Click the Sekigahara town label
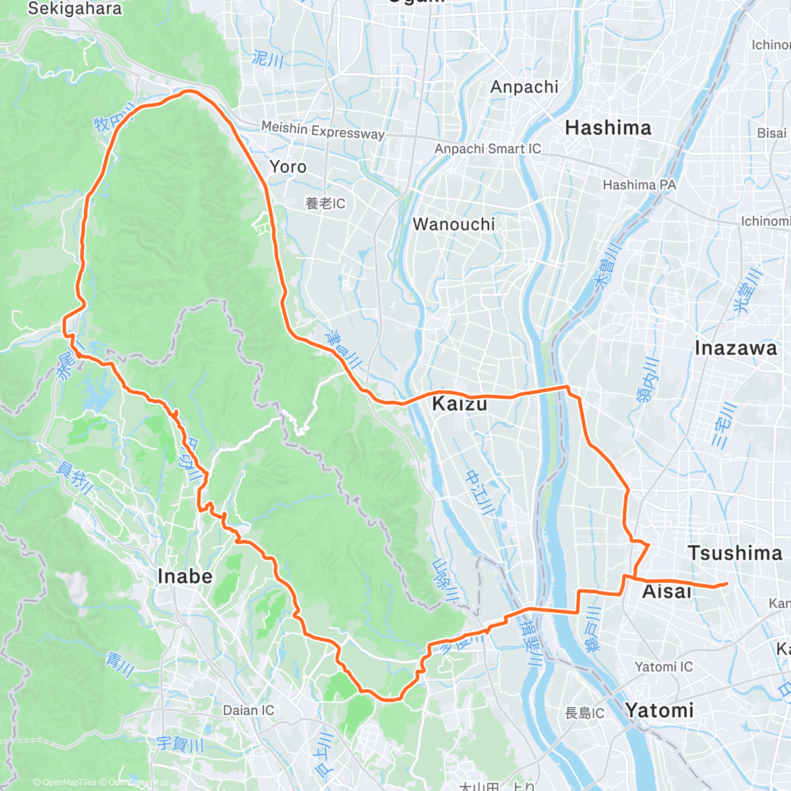pyautogui.click(x=74, y=9)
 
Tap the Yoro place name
pyautogui.click(x=288, y=167)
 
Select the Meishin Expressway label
pyautogui.click(x=323, y=130)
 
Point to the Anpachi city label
pyautogui.click(x=524, y=87)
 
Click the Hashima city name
pyautogui.click(x=608, y=128)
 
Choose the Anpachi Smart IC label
pyautogui.click(x=487, y=149)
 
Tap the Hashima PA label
pyautogui.click(x=639, y=185)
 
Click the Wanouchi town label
pyautogui.click(x=454, y=225)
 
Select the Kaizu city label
pyautogui.click(x=459, y=404)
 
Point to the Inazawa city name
pyautogui.click(x=736, y=349)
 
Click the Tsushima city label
pyautogui.click(x=734, y=553)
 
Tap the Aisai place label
pyautogui.click(x=666, y=592)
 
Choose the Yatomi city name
pyautogui.click(x=659, y=711)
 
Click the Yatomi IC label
pyautogui.click(x=664, y=667)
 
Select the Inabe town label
pyautogui.click(x=185, y=577)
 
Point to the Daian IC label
pyautogui.click(x=249, y=711)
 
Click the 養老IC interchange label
pyautogui.click(x=325, y=204)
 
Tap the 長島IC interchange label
pyautogui.click(x=584, y=713)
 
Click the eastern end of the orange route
pyautogui.click(x=726, y=583)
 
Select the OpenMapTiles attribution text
pyautogui.click(x=69, y=782)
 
